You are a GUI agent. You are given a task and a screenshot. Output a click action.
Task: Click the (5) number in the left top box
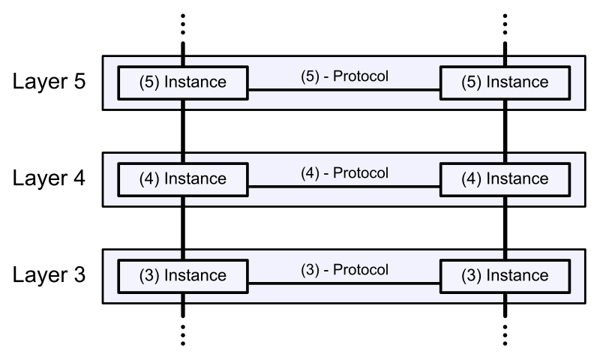tap(149, 82)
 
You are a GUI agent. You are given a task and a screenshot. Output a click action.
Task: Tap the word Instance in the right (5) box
tap(517, 82)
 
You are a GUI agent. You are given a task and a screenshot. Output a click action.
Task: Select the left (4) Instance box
tap(183, 179)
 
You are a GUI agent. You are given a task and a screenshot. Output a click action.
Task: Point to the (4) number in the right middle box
tap(472, 179)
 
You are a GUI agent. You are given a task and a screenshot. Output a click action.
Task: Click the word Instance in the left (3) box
tap(195, 276)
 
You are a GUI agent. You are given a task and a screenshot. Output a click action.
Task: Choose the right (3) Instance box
tap(505, 276)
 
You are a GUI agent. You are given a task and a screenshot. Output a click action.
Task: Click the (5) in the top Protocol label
tap(310, 76)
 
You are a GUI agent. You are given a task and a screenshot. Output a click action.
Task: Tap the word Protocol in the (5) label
tap(361, 76)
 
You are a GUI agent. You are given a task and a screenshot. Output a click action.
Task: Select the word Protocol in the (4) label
tap(361, 173)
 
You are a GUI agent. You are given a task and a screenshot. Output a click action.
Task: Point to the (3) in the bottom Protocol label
tap(310, 270)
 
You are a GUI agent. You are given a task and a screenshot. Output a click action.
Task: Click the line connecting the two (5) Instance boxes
tap(343, 90)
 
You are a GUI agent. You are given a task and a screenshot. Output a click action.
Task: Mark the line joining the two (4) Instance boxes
tap(343, 187)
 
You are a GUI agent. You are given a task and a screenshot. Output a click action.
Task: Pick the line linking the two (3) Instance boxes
tap(343, 283)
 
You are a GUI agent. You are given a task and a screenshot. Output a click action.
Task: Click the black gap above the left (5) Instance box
tap(183, 61)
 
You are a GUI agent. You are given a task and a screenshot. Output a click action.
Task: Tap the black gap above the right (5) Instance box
tap(505, 61)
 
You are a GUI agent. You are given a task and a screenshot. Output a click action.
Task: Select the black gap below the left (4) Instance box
tap(183, 201)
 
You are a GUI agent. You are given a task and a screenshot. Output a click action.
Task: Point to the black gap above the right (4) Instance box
tap(505, 158)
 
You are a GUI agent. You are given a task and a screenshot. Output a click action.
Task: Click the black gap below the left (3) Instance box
tap(183, 298)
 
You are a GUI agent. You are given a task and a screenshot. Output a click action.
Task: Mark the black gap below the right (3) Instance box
tap(505, 298)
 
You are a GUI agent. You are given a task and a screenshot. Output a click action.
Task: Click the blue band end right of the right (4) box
tap(577, 179)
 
